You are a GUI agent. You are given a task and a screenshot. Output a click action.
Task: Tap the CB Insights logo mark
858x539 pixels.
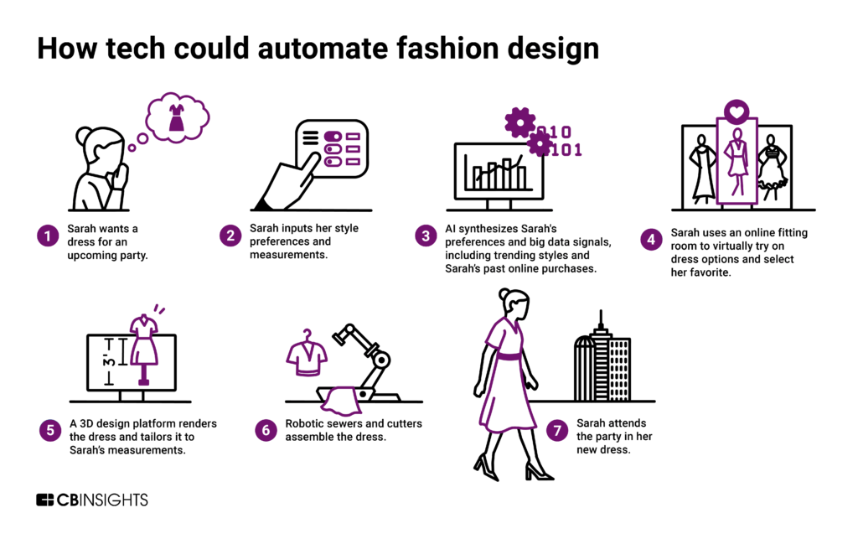coord(45,500)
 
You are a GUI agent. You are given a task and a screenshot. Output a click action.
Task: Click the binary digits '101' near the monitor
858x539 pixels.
coord(566,151)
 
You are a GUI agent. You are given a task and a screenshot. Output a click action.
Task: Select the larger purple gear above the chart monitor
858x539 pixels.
coord(519,122)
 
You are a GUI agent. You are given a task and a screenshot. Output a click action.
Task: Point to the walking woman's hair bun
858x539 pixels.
coord(504,294)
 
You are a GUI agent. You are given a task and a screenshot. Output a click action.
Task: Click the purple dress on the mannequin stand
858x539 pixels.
coord(144,339)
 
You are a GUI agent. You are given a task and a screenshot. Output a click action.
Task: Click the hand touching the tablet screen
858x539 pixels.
coord(285,180)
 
